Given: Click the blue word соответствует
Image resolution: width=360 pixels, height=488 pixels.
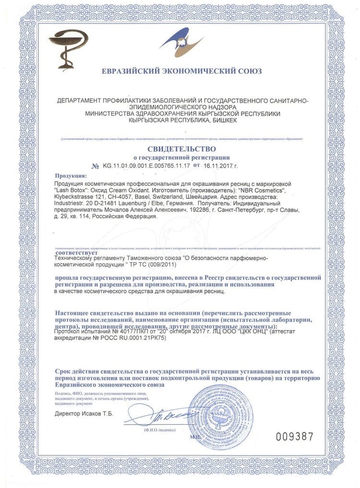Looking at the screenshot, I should point(77,252).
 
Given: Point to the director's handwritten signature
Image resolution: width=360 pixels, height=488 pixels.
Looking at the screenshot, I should point(163,412).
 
